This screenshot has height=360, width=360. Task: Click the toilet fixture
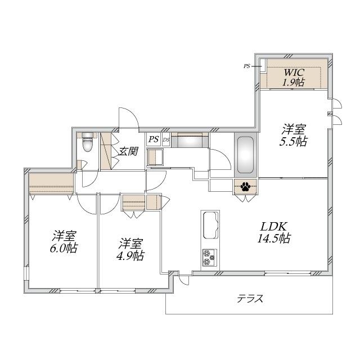pyautogui.click(x=88, y=142)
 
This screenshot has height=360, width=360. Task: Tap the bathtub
pyautogui.click(x=245, y=155)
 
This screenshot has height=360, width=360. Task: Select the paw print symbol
pyautogui.click(x=245, y=187)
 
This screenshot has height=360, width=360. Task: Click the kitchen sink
pyautogui.click(x=210, y=225)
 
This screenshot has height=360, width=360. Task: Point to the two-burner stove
pyautogui.click(x=210, y=258)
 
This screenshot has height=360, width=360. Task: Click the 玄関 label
pyautogui.click(x=128, y=151)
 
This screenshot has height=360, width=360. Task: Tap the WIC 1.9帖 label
pyautogui.click(x=294, y=77)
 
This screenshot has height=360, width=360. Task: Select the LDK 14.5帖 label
pyautogui.click(x=274, y=232)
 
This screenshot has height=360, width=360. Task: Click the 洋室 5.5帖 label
pyautogui.click(x=294, y=136)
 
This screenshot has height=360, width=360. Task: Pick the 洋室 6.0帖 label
pyautogui.click(x=64, y=241)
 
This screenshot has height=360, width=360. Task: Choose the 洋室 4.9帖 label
pyautogui.click(x=130, y=250)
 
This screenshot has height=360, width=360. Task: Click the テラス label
pyautogui.click(x=250, y=299)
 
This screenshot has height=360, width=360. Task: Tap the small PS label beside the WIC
pyautogui.click(x=247, y=66)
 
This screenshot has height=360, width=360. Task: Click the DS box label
pyautogui.click(x=166, y=139)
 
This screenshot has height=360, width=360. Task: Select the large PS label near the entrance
pyautogui.click(x=154, y=139)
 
